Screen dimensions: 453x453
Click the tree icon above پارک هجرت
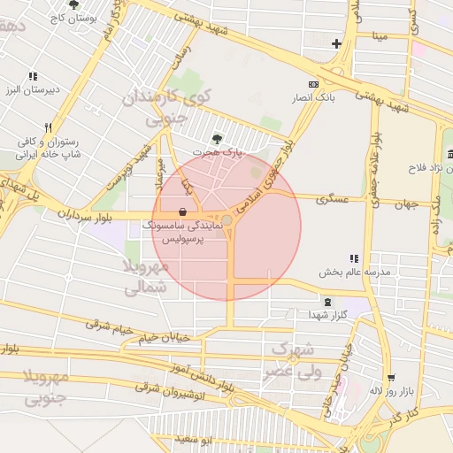(217, 138)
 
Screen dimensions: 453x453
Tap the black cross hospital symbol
(336, 43)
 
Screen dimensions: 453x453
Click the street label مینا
(380, 36)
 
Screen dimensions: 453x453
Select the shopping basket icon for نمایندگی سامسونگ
(182, 211)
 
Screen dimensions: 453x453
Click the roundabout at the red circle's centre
(227, 219)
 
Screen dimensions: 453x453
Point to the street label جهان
(405, 204)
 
